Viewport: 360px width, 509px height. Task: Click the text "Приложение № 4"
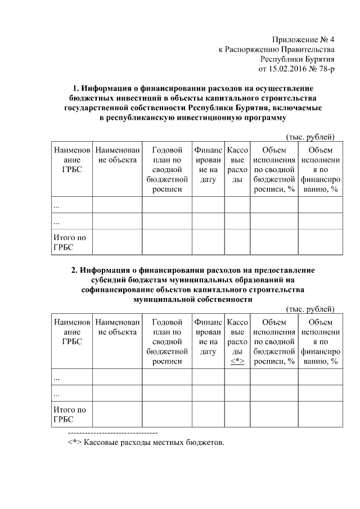pyautogui.click(x=303, y=40)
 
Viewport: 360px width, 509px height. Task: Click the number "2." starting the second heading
pyautogui.click(x=75, y=271)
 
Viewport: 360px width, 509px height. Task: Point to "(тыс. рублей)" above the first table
pyautogui.click(x=310, y=137)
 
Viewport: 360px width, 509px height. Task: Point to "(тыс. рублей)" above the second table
pyautogui.click(x=310, y=309)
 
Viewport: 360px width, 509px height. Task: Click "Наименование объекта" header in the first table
pyautogui.click(x=116, y=155)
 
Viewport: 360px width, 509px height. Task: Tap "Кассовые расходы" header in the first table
pyautogui.click(x=237, y=165)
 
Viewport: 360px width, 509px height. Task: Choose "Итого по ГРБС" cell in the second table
pyautogui.click(x=70, y=415)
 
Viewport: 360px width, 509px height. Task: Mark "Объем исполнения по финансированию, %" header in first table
pyautogui.click(x=320, y=169)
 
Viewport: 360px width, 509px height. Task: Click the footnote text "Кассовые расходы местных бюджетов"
pyautogui.click(x=154, y=443)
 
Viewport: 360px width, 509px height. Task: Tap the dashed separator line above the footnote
pyautogui.click(x=112, y=434)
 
